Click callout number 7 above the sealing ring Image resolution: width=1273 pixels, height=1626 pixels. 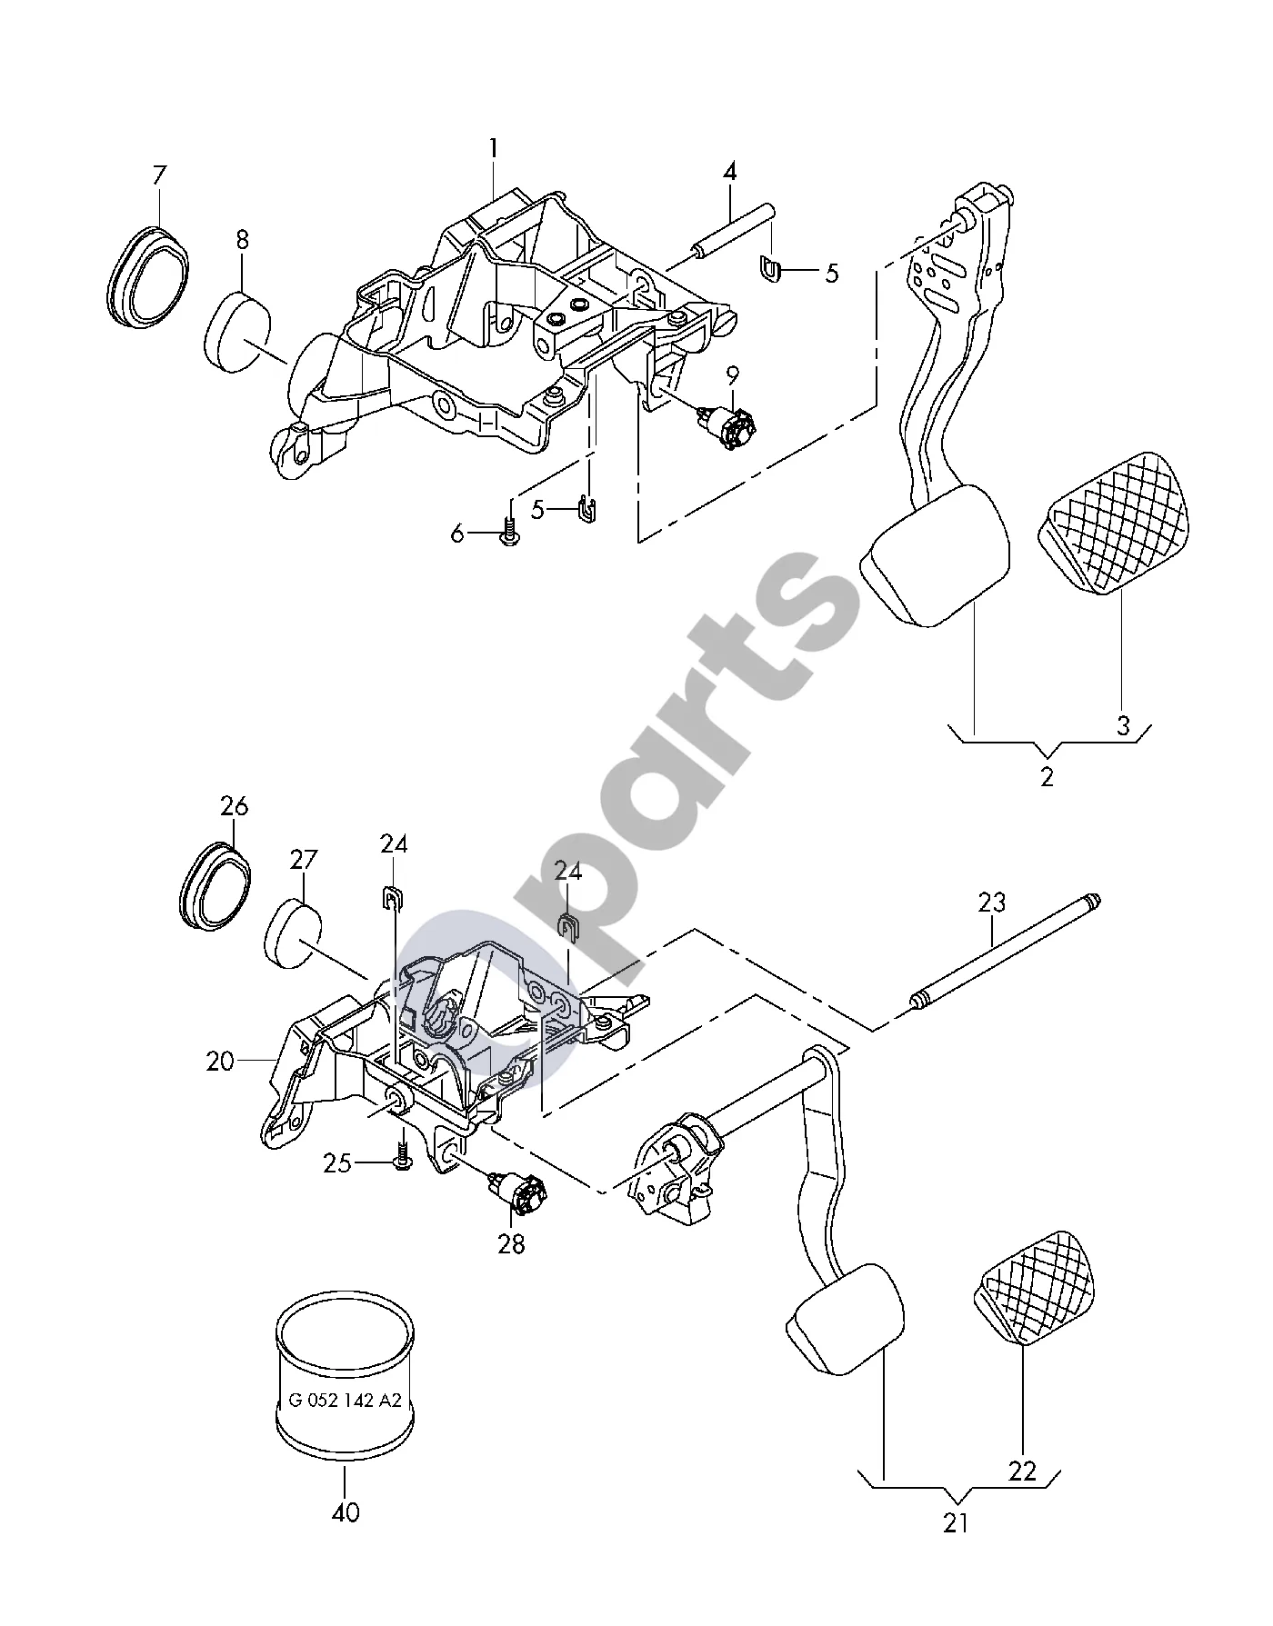[160, 175]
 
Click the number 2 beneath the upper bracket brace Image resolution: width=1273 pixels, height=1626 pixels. [1047, 777]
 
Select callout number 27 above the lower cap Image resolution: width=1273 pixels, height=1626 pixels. [303, 860]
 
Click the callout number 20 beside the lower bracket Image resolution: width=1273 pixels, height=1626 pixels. [220, 1061]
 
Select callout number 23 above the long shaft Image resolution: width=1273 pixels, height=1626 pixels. [993, 903]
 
